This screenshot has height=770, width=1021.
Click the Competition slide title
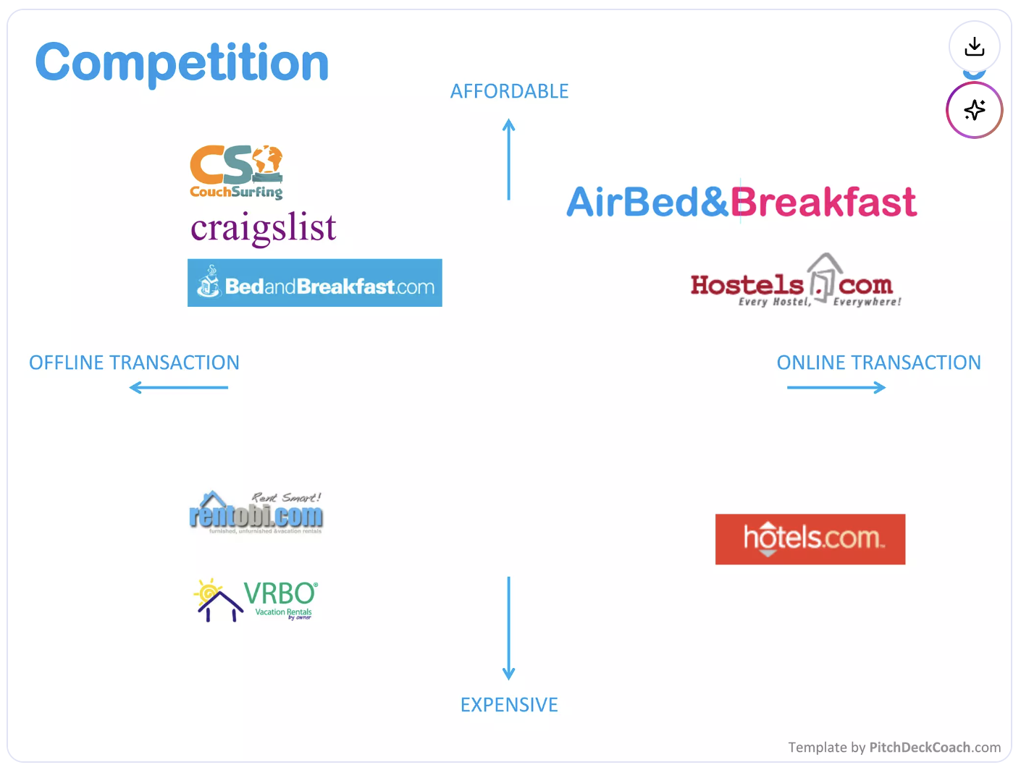point(182,63)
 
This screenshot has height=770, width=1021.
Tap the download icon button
point(974,47)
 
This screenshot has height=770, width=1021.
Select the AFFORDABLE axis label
point(509,91)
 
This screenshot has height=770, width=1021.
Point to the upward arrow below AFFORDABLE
point(509,159)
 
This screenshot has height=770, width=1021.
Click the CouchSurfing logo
point(236,172)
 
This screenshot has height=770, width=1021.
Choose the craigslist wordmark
point(264,228)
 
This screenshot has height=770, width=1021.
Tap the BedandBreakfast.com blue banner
point(314,283)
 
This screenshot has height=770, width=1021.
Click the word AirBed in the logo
point(633,202)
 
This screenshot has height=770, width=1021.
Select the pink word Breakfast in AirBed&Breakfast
point(823,202)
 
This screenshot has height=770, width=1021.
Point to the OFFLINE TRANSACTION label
point(134,363)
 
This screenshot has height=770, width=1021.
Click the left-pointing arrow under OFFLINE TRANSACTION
point(178,388)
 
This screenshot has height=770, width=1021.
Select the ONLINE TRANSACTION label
point(878,363)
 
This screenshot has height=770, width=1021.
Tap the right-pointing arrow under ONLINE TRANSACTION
point(836,388)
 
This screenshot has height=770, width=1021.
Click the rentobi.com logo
point(256,513)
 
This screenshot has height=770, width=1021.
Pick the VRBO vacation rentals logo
point(256,600)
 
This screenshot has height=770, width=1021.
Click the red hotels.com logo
point(810,539)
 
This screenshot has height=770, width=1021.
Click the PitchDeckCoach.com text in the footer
point(935,748)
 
